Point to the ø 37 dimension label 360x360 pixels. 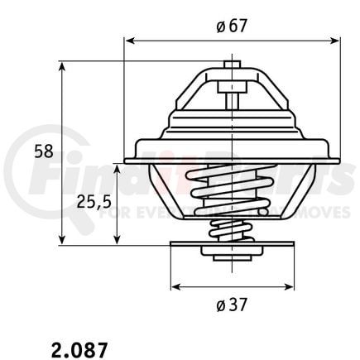232,305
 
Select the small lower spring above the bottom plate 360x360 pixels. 232,231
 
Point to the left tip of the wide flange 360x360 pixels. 126,160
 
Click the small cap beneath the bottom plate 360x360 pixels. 232,256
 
